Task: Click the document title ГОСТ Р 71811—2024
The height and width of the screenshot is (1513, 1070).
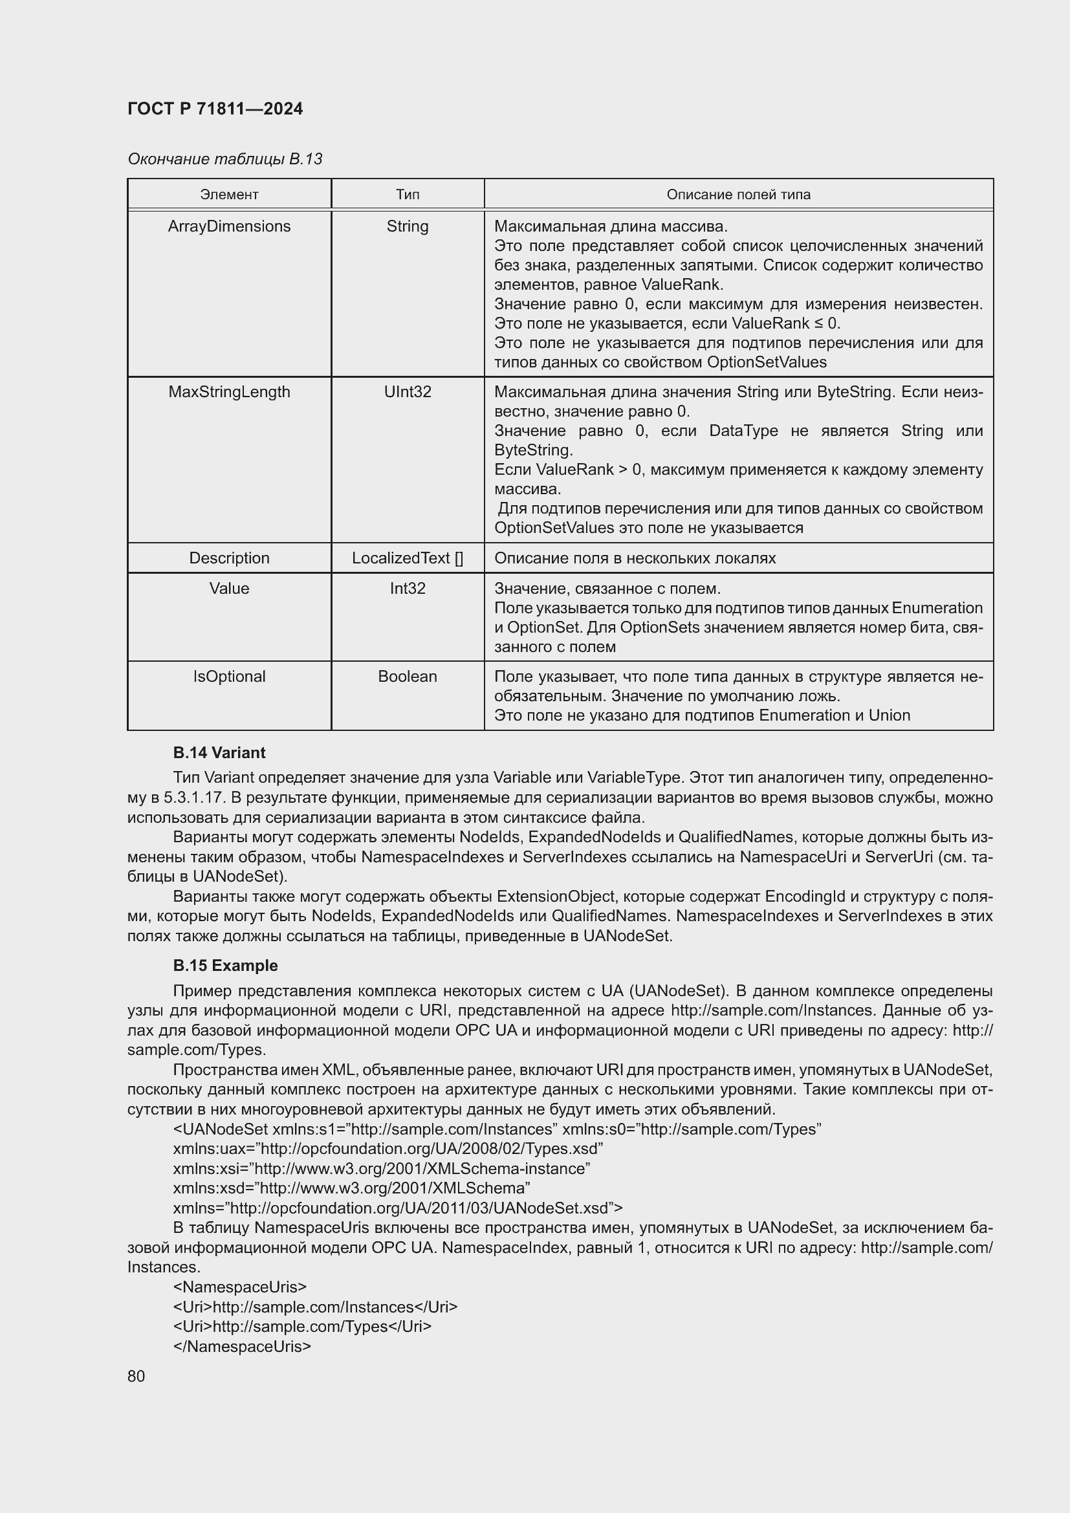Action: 215,109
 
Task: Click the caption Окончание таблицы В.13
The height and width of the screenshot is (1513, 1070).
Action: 224,159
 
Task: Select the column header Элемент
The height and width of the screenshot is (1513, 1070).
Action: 228,195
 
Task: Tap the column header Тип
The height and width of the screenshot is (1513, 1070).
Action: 407,195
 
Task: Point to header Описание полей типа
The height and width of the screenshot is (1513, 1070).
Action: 738,195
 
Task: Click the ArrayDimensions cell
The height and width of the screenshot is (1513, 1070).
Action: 228,226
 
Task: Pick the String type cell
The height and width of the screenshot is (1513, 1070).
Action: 407,226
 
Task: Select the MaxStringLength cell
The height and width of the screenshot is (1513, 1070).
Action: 228,391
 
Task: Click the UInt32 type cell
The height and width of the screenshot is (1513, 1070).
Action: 407,391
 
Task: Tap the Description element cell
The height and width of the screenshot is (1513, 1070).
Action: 228,558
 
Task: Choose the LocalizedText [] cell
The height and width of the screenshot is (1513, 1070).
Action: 407,558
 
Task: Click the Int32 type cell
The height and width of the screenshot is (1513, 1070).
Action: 407,588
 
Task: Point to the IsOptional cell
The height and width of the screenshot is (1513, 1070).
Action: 228,676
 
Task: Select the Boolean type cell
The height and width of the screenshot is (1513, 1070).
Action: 407,676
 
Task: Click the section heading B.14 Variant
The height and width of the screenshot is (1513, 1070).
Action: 219,752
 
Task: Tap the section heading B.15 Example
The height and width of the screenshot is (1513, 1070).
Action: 224,965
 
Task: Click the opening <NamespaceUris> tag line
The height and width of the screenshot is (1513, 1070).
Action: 240,1287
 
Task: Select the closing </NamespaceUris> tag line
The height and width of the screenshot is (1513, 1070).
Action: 242,1346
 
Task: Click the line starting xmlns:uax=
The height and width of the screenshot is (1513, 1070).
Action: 388,1149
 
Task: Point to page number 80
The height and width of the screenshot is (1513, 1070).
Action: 136,1376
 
